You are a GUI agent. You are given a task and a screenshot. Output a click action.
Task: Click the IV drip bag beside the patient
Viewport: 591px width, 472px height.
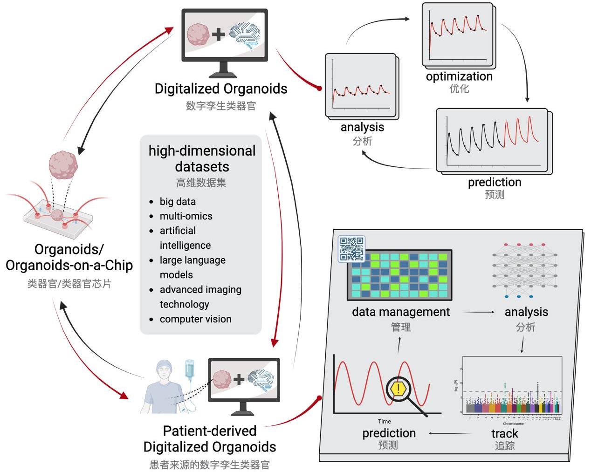[189, 369]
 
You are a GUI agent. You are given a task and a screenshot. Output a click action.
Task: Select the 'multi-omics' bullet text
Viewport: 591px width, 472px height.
[186, 216]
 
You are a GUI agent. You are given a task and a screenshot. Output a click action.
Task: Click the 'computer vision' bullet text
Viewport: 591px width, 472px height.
[195, 319]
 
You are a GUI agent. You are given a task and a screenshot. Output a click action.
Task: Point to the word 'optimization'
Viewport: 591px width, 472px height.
[459, 76]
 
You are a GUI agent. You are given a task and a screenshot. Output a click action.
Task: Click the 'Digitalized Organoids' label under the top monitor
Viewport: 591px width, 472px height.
[221, 89]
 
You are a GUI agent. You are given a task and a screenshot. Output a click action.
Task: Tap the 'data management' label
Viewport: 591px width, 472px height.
[401, 312]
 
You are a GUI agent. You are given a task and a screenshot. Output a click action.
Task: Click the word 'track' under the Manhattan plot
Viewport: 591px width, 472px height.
[504, 433]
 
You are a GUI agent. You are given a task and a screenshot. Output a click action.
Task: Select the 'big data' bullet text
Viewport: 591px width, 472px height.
[178, 202]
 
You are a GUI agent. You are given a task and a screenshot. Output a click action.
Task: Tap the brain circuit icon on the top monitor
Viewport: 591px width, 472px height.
[245, 34]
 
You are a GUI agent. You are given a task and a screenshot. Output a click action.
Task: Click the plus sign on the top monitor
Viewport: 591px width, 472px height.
[218, 34]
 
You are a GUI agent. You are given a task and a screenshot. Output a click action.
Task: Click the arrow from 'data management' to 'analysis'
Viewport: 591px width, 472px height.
[479, 312]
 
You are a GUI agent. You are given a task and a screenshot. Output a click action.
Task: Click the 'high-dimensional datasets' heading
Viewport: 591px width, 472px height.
[202, 158]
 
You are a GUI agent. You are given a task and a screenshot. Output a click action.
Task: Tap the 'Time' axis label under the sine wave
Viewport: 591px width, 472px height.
[384, 421]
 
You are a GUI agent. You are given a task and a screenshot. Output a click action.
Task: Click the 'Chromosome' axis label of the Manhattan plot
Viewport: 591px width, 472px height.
[513, 424]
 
